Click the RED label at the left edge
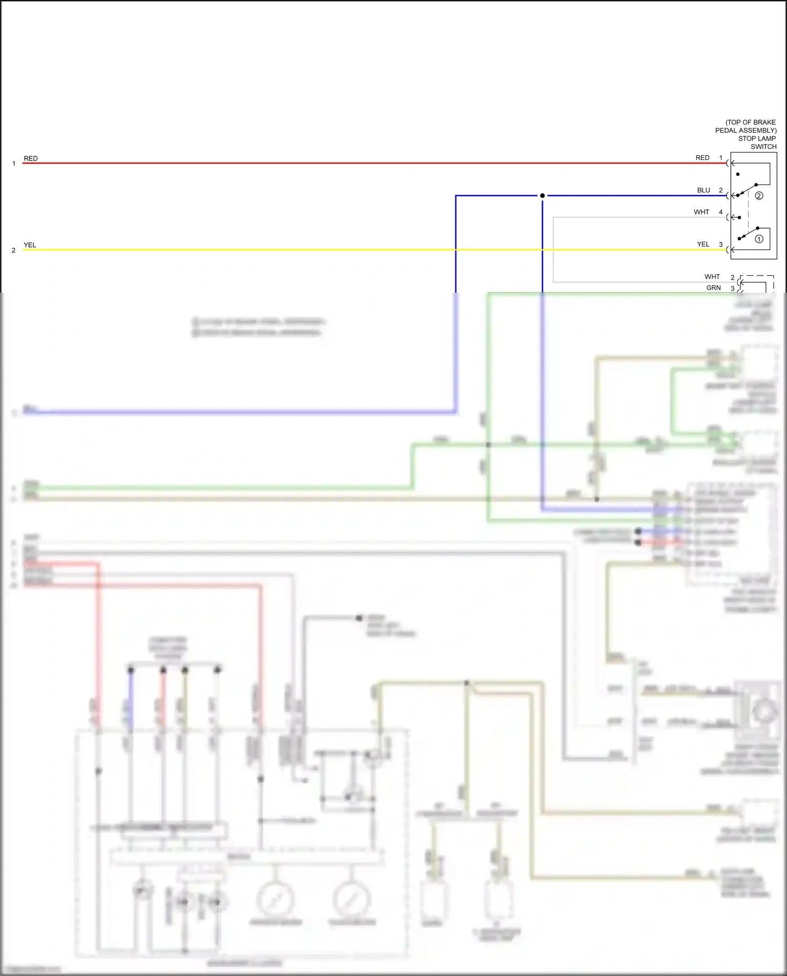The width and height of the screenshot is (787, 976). click(x=30, y=158)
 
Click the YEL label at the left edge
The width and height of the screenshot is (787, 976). click(x=30, y=245)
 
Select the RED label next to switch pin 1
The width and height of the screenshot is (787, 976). click(x=702, y=158)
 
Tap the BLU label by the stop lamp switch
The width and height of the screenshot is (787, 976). click(x=703, y=190)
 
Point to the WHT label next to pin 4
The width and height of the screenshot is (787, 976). click(x=701, y=212)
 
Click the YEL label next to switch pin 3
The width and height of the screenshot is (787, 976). click(x=703, y=244)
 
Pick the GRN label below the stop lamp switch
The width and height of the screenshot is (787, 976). click(x=713, y=288)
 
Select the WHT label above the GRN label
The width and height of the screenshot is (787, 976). click(x=712, y=277)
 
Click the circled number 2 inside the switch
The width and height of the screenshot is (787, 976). click(x=759, y=196)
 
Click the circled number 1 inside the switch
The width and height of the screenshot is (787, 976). click(x=759, y=239)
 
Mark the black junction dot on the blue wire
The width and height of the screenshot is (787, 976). click(x=542, y=196)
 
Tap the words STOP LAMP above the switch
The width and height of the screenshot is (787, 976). click(x=757, y=138)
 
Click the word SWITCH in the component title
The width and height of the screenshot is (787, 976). click(x=763, y=147)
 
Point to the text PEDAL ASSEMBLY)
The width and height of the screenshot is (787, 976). click(x=746, y=131)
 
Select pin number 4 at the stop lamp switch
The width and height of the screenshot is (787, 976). click(x=720, y=212)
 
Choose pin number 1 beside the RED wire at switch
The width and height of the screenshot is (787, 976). click(x=720, y=158)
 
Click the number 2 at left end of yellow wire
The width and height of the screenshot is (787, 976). click(x=14, y=250)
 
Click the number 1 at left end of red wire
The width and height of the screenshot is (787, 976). click(x=14, y=164)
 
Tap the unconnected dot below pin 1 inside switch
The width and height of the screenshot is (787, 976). click(x=738, y=174)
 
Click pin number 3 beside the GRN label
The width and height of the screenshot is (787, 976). click(x=732, y=288)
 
